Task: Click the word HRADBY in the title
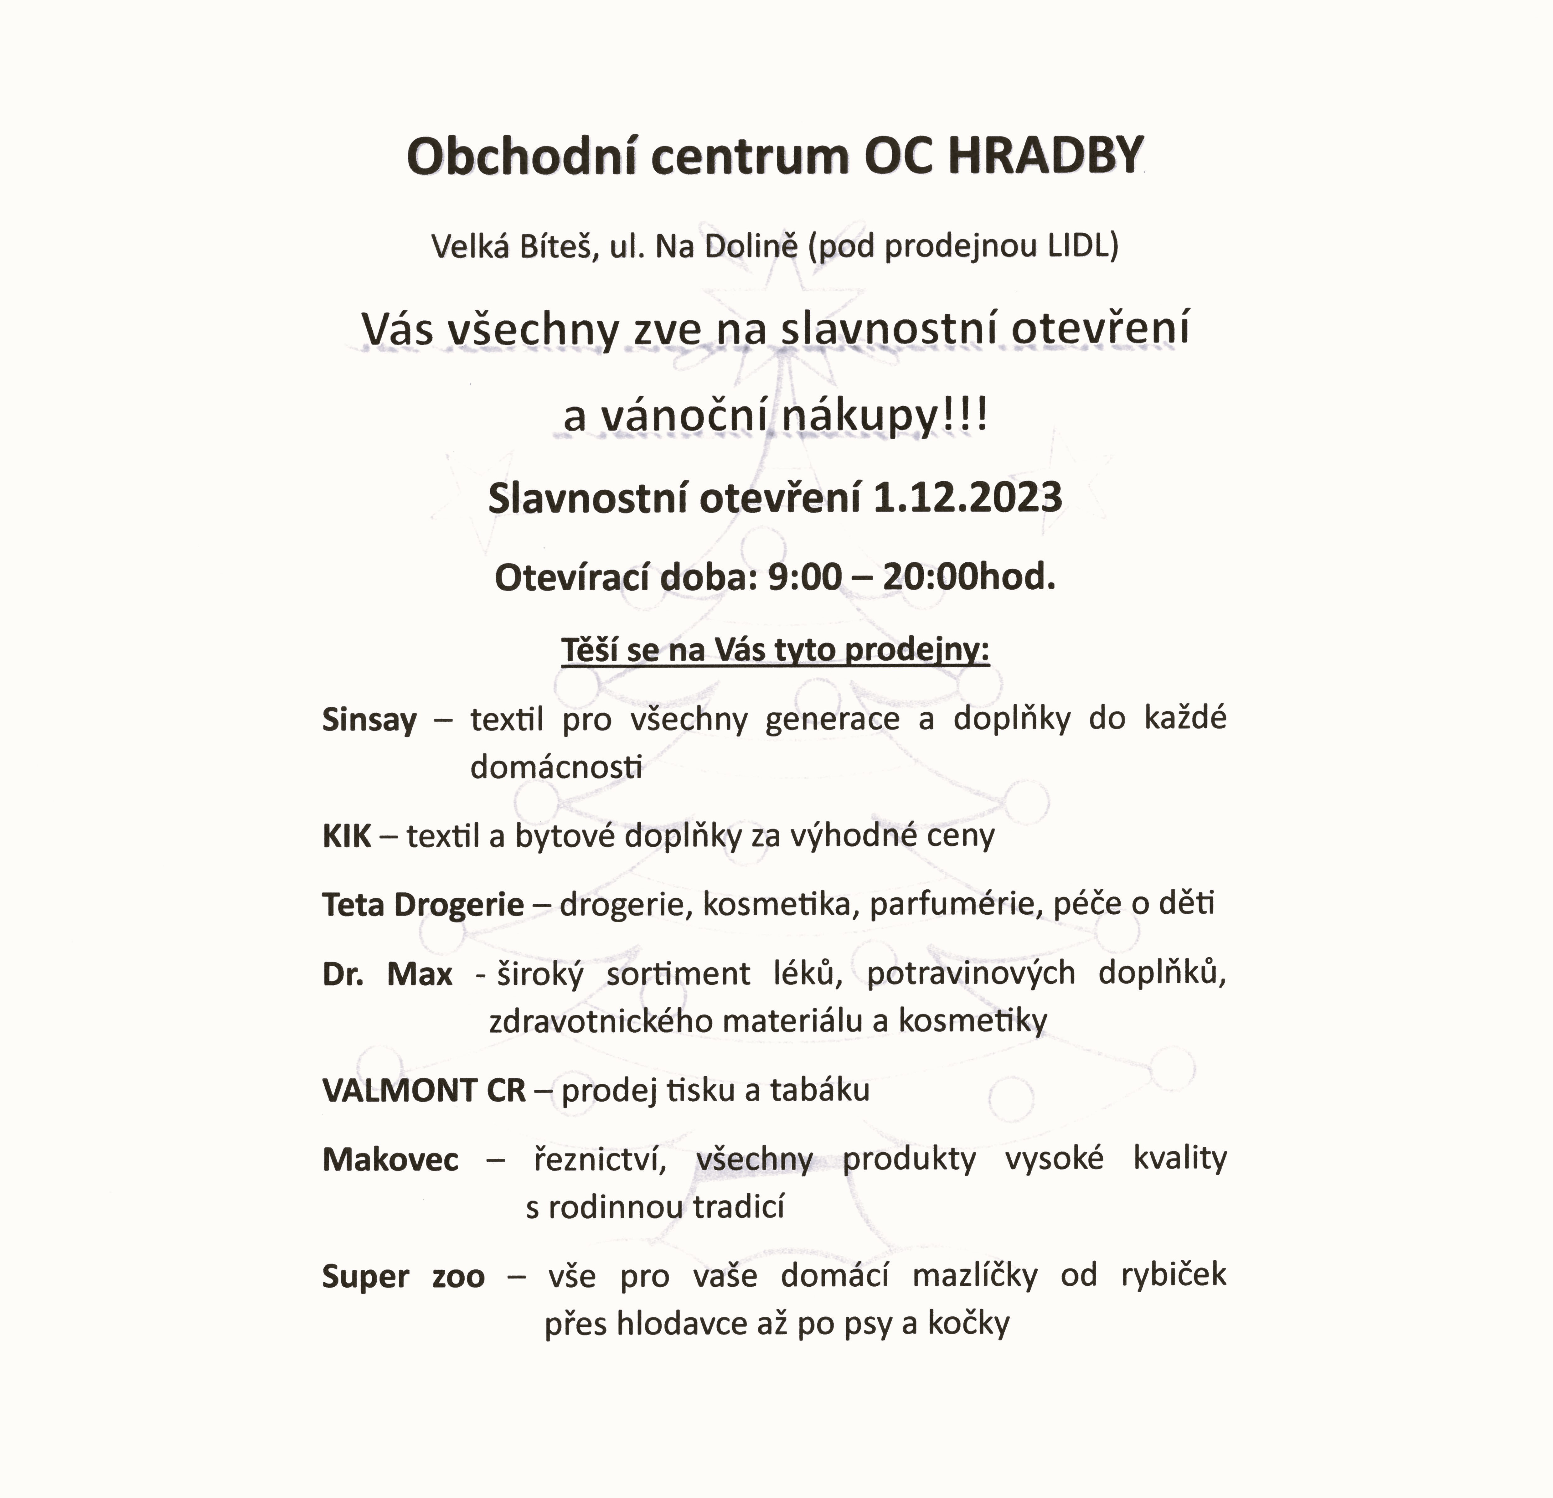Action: [1046, 156]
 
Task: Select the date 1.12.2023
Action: [967, 498]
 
